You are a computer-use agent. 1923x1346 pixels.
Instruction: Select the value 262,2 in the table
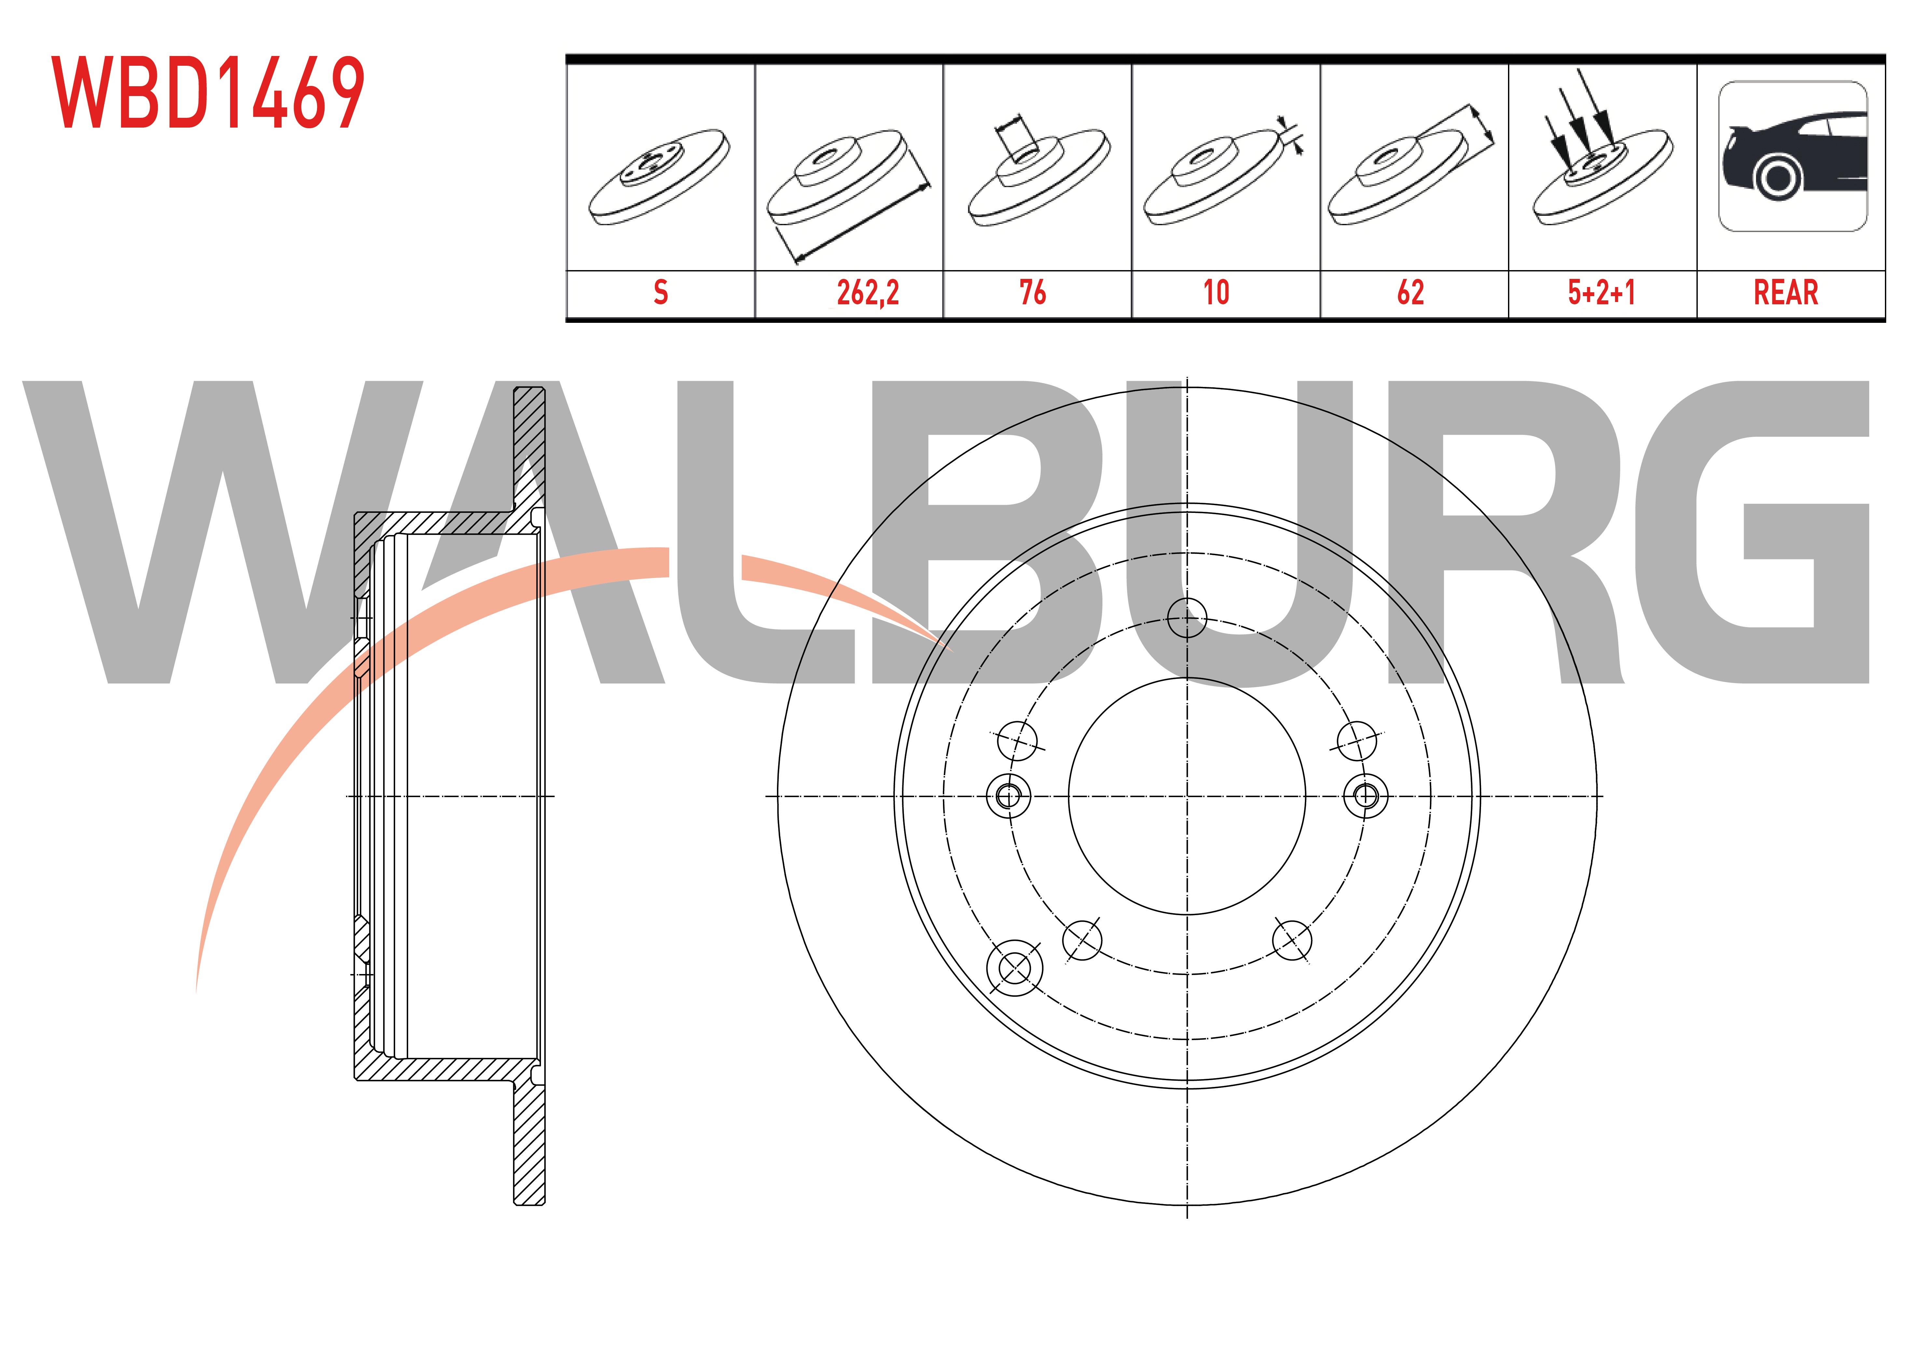tap(868, 292)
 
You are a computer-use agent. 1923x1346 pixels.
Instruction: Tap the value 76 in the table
tap(1033, 292)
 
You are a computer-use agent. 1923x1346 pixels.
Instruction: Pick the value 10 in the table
tap(1216, 292)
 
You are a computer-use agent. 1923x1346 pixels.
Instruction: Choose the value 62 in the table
tap(1410, 292)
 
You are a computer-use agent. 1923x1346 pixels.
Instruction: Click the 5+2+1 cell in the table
tap(1601, 292)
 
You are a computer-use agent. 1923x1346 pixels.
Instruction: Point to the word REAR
tap(1786, 292)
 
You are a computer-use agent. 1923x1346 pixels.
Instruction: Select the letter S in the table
tap(661, 292)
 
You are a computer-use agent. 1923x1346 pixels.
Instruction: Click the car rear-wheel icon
tap(1792, 157)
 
